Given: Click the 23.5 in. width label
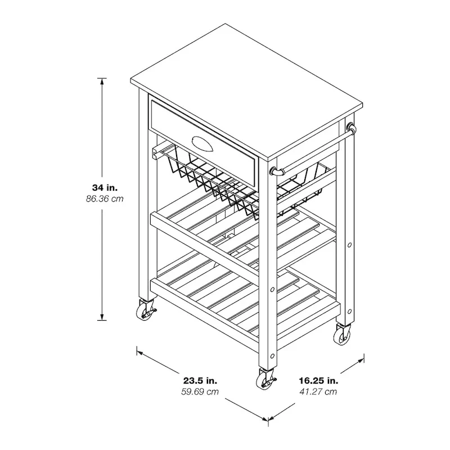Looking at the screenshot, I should coord(200,380).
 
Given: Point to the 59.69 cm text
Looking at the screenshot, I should coord(200,391).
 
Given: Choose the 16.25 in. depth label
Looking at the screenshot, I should coord(318,380).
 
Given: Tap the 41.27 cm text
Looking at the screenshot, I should coord(318,391).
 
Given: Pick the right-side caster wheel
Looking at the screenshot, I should coord(342,336).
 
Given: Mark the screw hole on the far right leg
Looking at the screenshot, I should coord(350,245).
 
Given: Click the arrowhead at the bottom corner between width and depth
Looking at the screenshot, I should coord(268,418).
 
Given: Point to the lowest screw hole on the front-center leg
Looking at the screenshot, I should coord(272,355).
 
